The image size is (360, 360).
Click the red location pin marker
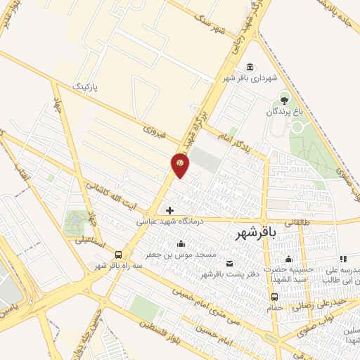pyautogui.click(x=180, y=165)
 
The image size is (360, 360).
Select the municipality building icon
pyautogui.click(x=250, y=67)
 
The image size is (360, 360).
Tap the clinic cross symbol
pyautogui.click(x=169, y=210)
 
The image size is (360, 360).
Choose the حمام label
pyautogui.click(x=274, y=307)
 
